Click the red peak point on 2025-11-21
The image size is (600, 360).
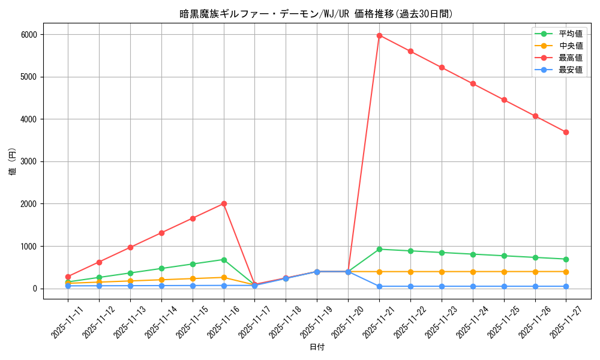click(379, 35)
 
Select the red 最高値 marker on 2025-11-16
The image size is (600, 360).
click(224, 203)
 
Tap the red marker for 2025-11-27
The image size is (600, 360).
click(566, 132)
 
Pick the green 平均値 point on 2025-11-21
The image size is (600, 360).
click(379, 249)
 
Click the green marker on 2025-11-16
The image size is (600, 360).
click(224, 260)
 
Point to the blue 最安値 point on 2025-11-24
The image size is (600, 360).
click(473, 286)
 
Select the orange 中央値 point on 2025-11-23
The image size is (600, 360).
click(442, 272)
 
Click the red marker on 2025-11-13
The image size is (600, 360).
click(130, 247)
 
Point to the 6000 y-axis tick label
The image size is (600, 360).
click(28, 35)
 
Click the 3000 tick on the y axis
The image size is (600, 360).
click(28, 161)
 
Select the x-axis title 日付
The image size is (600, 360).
click(317, 347)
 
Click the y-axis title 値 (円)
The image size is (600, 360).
click(13, 161)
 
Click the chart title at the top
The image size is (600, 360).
click(316, 14)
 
